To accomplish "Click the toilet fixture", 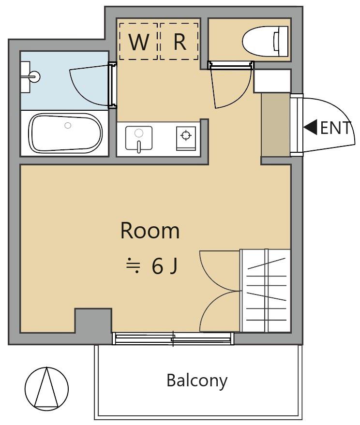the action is tap(265, 41).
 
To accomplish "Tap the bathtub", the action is tap(66, 133).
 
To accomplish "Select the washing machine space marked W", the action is tap(138, 41).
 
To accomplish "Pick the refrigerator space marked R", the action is tap(180, 41).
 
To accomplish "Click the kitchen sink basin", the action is tap(138, 138).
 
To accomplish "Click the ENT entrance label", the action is tap(336, 128).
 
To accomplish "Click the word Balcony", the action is tap(197, 381).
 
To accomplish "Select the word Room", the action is tap(150, 231).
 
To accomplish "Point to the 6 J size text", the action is tap(165, 266).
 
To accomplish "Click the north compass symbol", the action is tap(46, 389).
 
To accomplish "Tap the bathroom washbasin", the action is tap(30, 77).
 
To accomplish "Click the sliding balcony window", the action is tap(173, 338).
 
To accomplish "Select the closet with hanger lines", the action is tap(265, 291).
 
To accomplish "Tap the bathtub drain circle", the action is tap(68, 125).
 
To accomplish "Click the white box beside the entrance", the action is tap(272, 81).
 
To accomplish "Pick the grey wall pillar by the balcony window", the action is tap(93, 321).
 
